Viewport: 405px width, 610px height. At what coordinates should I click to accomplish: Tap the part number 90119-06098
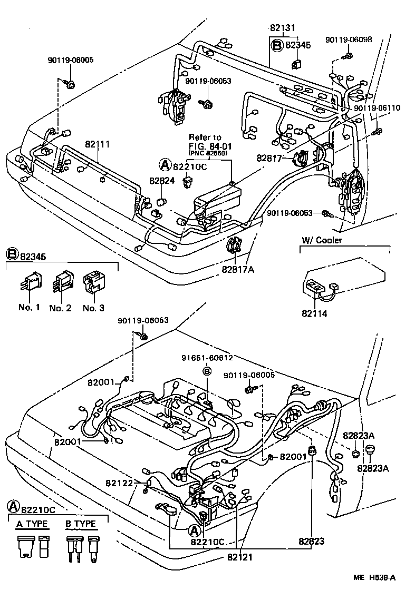click(x=348, y=40)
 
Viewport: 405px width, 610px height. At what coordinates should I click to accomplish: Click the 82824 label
click(x=161, y=181)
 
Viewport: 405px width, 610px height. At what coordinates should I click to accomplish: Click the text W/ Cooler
click(x=322, y=240)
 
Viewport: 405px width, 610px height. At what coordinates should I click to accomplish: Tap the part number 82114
click(x=314, y=313)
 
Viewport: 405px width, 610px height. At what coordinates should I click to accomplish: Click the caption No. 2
click(x=60, y=308)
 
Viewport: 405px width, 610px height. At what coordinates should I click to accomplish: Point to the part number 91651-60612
click(x=207, y=357)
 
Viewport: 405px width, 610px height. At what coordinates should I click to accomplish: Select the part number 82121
click(x=240, y=556)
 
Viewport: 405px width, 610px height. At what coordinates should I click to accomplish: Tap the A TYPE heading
click(x=32, y=524)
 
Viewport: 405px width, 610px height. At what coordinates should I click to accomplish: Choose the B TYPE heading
click(x=80, y=524)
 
